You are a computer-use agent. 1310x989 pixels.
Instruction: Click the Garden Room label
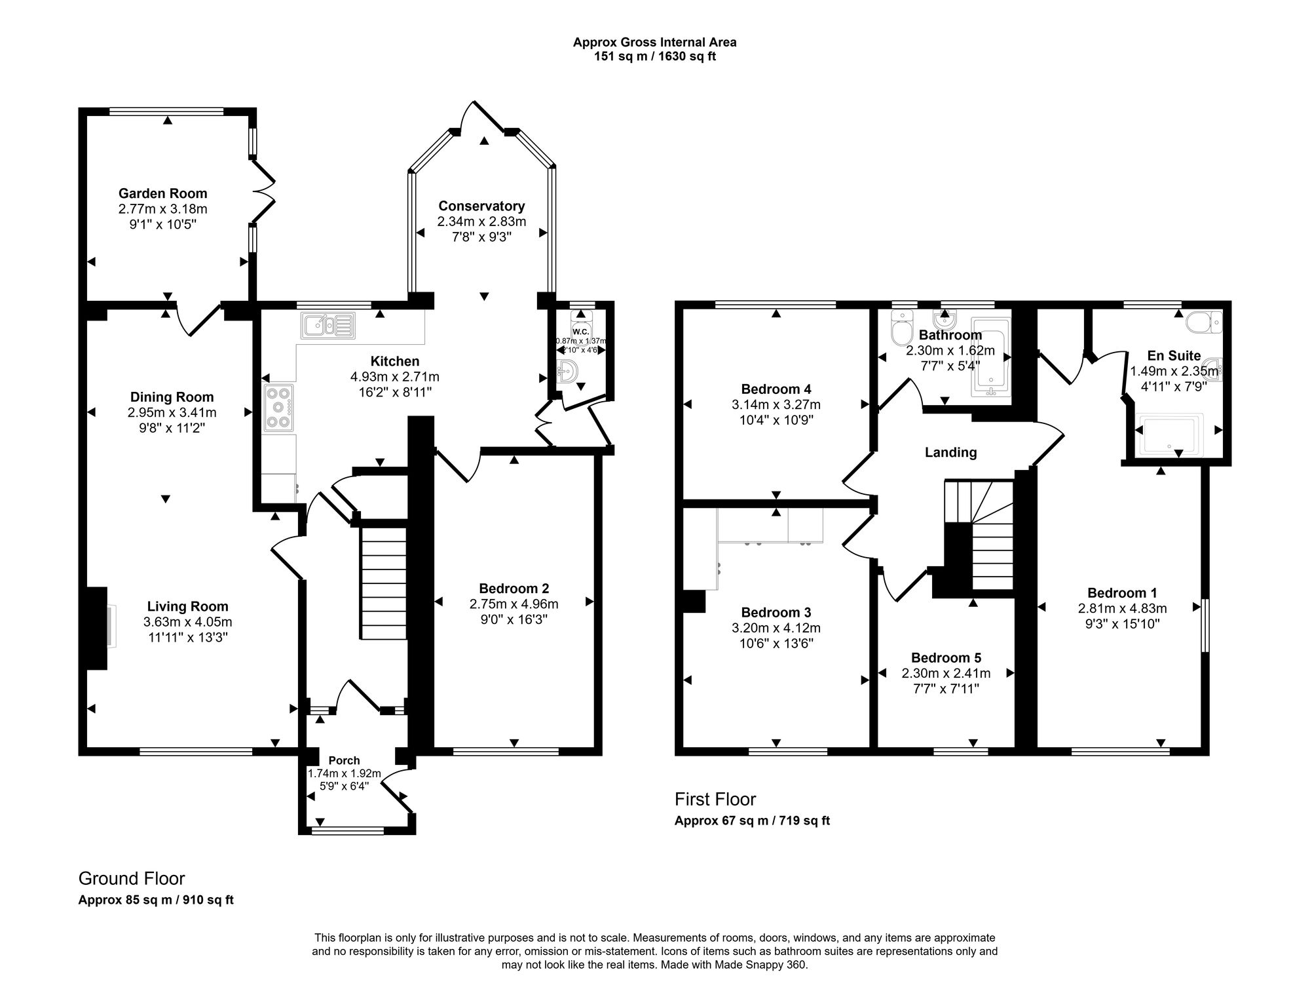pos(162,193)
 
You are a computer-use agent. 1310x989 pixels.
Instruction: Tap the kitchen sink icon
pos(327,325)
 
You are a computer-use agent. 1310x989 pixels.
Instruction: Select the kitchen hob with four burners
pos(278,408)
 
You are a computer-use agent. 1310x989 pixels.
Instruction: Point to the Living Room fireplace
pos(98,628)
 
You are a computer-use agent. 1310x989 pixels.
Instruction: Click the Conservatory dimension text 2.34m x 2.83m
pos(481,222)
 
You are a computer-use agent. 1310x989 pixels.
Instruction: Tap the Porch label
pos(344,760)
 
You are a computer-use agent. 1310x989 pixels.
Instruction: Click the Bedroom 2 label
pos(514,588)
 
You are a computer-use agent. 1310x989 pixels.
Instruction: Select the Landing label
pos(950,452)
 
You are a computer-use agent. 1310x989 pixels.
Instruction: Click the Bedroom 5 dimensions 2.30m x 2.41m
pos(946,673)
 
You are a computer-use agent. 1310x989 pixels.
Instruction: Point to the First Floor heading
pos(715,800)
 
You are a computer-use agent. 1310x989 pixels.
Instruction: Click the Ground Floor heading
pos(132,878)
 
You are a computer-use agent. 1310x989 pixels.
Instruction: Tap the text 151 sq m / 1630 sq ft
pos(654,56)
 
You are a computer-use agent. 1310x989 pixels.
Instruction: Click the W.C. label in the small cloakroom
pos(580,332)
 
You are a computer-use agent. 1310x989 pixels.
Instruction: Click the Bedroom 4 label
pos(776,389)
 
